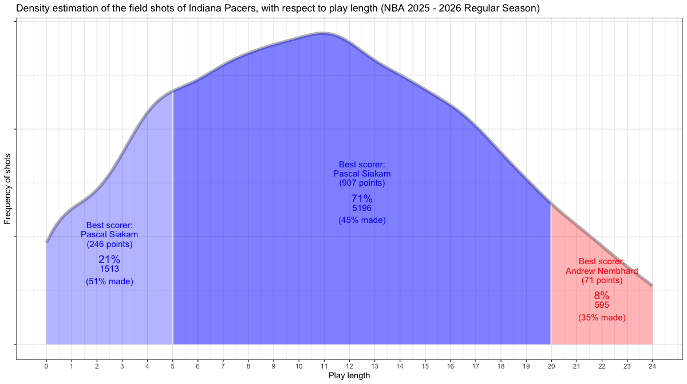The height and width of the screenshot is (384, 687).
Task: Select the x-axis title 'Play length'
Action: [x=349, y=376]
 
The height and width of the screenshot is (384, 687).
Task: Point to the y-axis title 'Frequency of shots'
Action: [x=8, y=189]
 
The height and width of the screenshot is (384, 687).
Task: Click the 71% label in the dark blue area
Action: [x=362, y=199]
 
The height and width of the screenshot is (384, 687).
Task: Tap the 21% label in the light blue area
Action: [x=109, y=260]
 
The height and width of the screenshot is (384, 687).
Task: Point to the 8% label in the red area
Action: [x=602, y=296]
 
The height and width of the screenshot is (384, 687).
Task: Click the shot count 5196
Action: [x=362, y=208]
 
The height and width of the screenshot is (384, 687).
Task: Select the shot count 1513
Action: [x=109, y=268]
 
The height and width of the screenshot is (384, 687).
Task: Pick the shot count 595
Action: [x=602, y=305]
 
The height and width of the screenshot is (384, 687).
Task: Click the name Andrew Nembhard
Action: [x=602, y=271]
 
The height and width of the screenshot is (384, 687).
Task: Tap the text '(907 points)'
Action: [x=362, y=183]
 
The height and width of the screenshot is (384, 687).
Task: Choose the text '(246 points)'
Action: [x=109, y=244]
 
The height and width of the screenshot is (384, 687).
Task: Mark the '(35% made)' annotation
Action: [x=602, y=317]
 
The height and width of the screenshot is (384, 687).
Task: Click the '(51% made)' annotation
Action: [x=109, y=281]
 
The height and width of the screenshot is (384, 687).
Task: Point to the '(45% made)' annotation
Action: [x=362, y=220]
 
